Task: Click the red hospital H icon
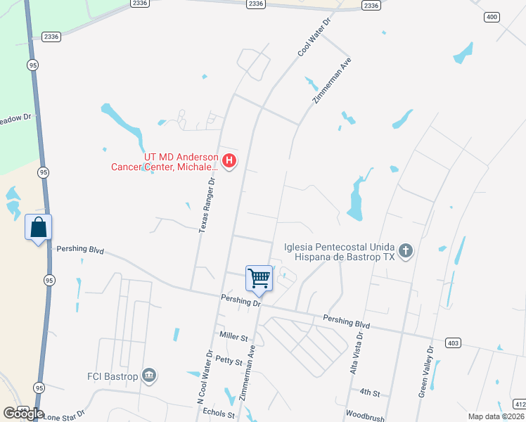(229, 162)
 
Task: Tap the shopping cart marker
(259, 278)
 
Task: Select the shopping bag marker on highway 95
(39, 227)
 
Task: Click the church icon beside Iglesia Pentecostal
(405, 251)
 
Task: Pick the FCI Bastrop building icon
(148, 375)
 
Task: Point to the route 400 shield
(492, 16)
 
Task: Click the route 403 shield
(453, 343)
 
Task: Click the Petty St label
(229, 362)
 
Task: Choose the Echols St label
(218, 414)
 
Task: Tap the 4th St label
(369, 392)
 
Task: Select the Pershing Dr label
(240, 301)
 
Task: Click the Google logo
(23, 414)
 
